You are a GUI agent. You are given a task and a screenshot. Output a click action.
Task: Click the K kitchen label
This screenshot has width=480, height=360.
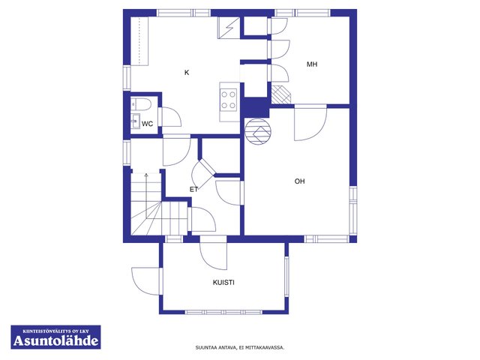187,73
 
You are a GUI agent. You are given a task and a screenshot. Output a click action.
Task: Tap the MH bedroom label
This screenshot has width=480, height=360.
312,64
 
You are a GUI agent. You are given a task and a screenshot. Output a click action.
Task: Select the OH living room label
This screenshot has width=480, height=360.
300,181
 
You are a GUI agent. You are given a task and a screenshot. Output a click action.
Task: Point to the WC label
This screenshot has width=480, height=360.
147,124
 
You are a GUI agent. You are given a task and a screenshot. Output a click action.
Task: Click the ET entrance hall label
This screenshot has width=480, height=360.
193,190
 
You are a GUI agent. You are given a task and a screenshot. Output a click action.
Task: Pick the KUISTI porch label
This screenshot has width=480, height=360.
223,283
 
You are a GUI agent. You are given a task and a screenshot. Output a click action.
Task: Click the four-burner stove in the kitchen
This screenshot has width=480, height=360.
229,100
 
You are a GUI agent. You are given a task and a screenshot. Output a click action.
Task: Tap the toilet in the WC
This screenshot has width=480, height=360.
141,105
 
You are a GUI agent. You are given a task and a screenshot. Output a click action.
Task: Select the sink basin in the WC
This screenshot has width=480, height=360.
135,121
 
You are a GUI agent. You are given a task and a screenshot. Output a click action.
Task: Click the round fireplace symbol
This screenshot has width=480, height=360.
258,132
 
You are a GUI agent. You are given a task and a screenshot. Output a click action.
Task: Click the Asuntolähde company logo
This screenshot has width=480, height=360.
55,337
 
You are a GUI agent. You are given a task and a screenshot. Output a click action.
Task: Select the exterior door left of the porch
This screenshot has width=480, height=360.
146,281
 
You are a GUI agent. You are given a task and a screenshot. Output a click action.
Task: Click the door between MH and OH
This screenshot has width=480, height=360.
310,122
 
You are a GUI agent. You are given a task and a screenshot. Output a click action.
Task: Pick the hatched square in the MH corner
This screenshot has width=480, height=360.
281,94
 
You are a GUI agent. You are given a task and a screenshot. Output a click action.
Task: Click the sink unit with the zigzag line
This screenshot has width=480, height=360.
229,28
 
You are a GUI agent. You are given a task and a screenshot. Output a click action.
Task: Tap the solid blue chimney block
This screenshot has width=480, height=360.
256,106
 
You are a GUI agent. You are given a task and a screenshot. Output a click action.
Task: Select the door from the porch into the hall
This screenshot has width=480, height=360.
213,253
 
